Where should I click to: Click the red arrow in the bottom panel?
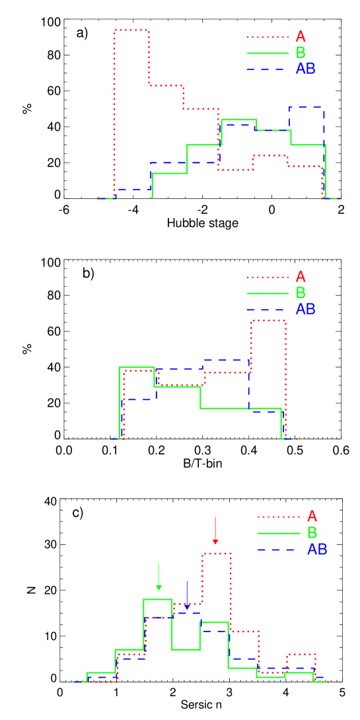pos(215,531)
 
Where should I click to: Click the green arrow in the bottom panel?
pos(159,576)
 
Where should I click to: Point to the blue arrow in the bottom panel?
pos(187,595)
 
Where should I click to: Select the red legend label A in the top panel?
pos(301,37)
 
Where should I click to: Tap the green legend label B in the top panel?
pos(301,53)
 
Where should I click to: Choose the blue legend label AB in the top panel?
pos(305,69)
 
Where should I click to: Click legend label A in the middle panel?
pos(301,277)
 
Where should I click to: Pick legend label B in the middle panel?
pos(301,293)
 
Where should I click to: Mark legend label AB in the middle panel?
pos(305,308)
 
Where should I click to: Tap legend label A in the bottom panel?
pos(312,517)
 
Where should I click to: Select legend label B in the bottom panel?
pos(312,532)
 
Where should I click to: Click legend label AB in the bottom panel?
pos(317,549)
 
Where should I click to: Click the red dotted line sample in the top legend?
pos(268,37)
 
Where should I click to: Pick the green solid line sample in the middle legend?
pos(268,293)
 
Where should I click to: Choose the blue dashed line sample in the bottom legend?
pos(279,550)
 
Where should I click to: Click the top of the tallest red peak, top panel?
pos(131,30)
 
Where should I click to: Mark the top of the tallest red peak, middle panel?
pos(268,320)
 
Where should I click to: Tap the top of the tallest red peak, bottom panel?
pos(217,554)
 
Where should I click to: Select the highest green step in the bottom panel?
pos(158,600)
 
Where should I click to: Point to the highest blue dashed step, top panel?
pos(306,107)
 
